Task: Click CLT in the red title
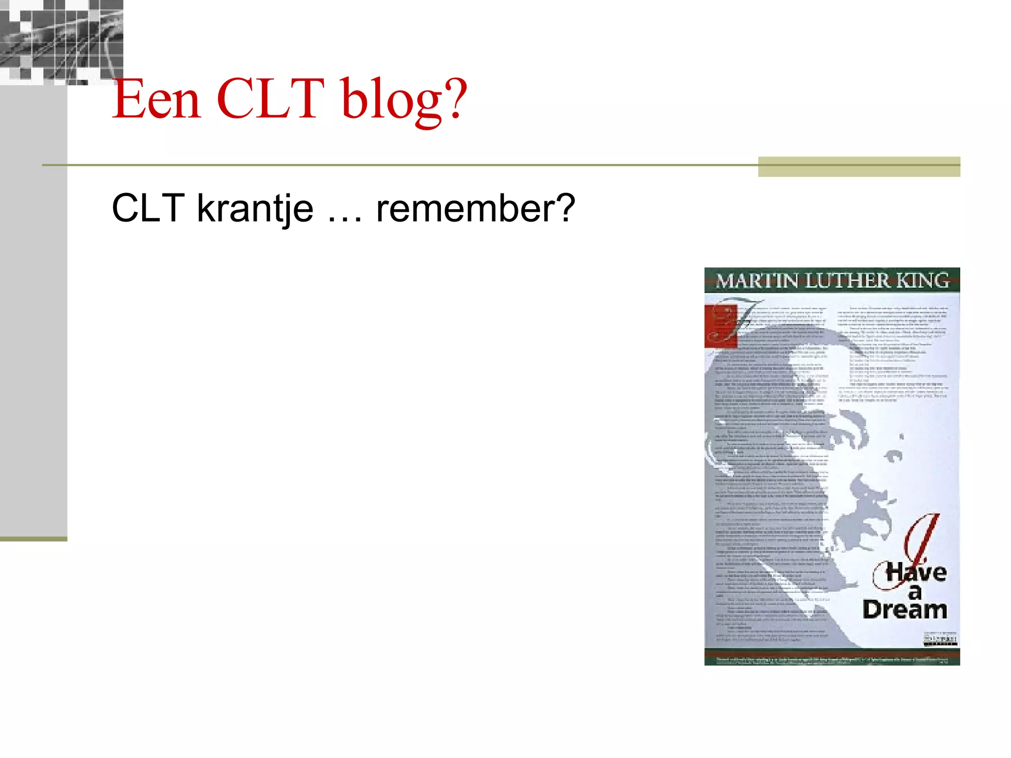coord(270,100)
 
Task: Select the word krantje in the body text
coord(255,209)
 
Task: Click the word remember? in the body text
coord(475,209)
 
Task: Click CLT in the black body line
coord(148,209)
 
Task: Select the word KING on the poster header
coord(922,280)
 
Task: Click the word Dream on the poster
coord(904,610)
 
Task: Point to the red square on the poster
coord(720,326)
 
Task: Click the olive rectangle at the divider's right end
coord(858,166)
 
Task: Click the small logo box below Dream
coord(940,640)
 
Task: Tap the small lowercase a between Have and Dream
coord(915,592)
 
